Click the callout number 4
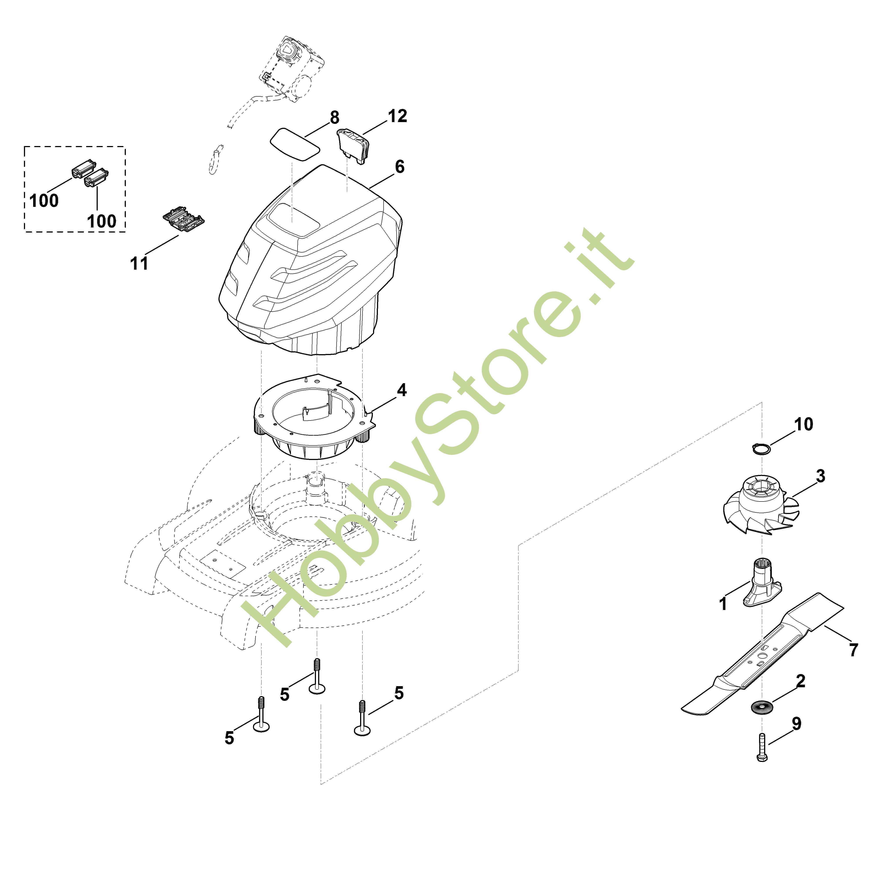click(x=401, y=390)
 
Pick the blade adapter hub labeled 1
click(x=762, y=583)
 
